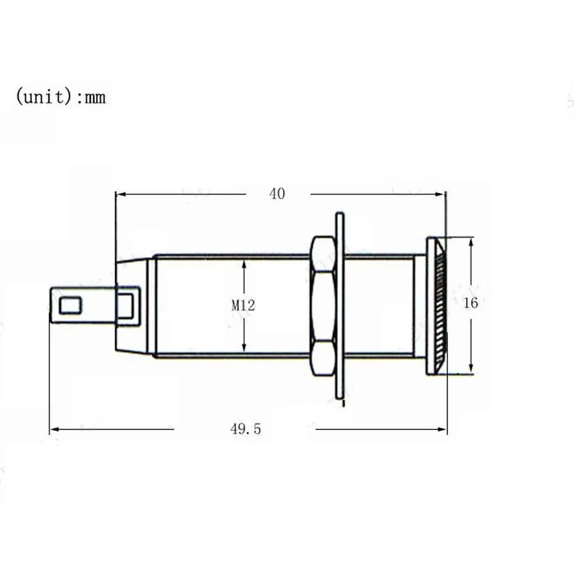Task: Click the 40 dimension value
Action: (x=277, y=194)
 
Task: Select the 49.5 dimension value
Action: (x=245, y=428)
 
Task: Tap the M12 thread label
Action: (x=243, y=306)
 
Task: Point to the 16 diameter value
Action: (x=470, y=303)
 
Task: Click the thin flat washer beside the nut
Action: (x=340, y=306)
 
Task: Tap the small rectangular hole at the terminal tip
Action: (x=70, y=305)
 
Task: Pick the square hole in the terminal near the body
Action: (x=127, y=305)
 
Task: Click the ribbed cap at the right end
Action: (x=436, y=306)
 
